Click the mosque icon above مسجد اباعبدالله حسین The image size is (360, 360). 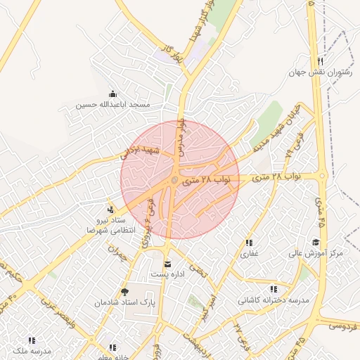tap(112, 94)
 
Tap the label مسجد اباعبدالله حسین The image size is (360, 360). tap(113, 105)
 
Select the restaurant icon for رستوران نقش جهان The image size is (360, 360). tap(321, 61)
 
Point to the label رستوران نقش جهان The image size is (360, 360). tap(320, 72)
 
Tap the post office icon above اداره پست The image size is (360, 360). tap(167, 264)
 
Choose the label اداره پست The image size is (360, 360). tap(167, 274)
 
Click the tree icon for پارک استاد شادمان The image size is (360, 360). tap(124, 292)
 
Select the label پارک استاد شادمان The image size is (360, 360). tap(124, 302)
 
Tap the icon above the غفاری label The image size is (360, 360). tap(250, 242)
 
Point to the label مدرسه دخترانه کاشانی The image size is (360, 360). tap(274, 300)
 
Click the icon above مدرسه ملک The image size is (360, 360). tap(32, 340)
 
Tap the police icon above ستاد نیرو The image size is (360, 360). tap(110, 209)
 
